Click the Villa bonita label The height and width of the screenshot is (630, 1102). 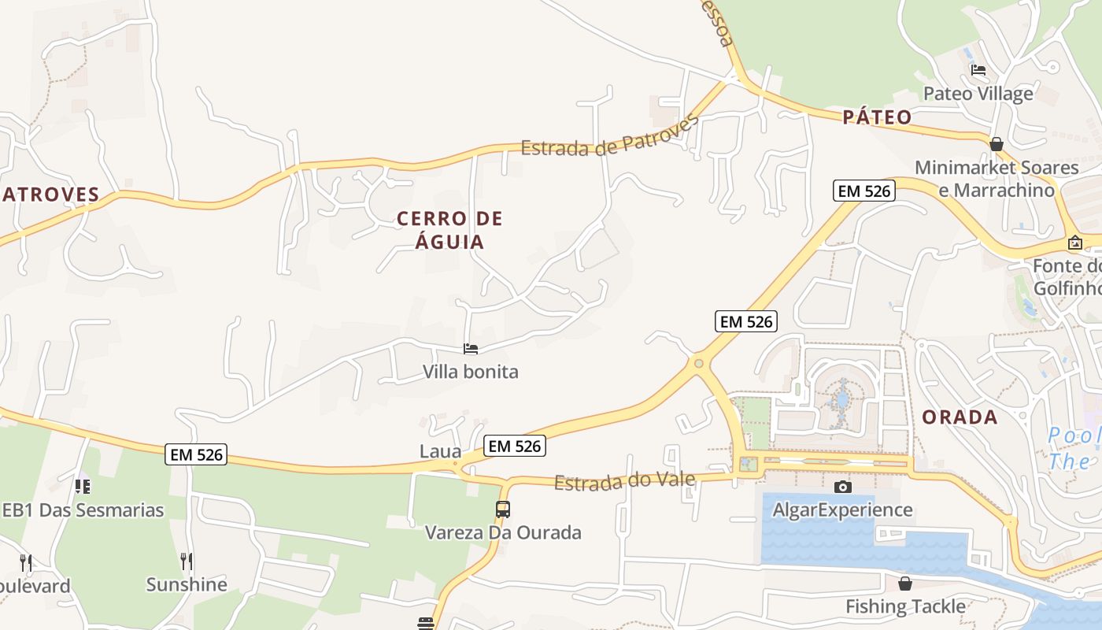click(x=471, y=371)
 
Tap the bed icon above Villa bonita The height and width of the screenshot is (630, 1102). click(x=471, y=348)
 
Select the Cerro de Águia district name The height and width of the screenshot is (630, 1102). click(x=449, y=230)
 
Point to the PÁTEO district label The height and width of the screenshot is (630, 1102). click(x=877, y=117)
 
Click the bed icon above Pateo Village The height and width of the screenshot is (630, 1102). click(x=978, y=70)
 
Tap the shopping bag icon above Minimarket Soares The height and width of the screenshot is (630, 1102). click(x=997, y=144)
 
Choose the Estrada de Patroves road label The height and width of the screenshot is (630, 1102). click(x=610, y=136)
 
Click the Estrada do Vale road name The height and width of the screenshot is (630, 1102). click(x=625, y=480)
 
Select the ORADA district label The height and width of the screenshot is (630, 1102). click(x=960, y=417)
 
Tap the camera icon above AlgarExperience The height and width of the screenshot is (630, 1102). click(x=843, y=487)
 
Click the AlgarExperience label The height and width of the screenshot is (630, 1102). click(x=843, y=510)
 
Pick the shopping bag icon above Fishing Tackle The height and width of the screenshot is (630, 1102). click(x=905, y=584)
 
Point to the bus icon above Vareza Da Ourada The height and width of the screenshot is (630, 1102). click(x=503, y=509)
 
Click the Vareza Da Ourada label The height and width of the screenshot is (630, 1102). click(x=503, y=532)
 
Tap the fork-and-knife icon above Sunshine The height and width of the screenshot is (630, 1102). click(x=187, y=561)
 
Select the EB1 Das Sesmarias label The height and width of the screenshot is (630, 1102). click(x=83, y=510)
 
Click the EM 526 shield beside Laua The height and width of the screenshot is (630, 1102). click(x=515, y=446)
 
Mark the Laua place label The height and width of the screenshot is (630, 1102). click(x=440, y=451)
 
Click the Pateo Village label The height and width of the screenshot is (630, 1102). click(x=978, y=94)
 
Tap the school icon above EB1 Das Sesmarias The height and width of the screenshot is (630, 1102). click(x=83, y=487)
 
